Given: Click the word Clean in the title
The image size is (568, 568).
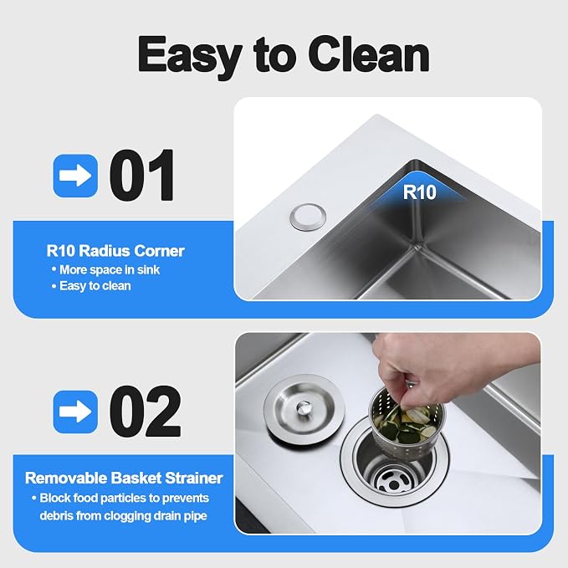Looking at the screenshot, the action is [x=370, y=54].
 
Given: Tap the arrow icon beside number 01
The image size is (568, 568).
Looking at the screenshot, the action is [x=75, y=176].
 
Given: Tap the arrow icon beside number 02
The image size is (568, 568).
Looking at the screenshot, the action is [x=75, y=412].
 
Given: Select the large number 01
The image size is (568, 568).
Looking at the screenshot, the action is [x=142, y=175].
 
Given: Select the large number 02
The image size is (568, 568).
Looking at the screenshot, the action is [x=145, y=411].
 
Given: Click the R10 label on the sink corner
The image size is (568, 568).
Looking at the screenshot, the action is [x=419, y=192].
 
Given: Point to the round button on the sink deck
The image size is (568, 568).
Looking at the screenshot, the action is [x=308, y=217].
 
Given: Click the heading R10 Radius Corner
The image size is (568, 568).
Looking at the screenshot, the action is [x=115, y=251].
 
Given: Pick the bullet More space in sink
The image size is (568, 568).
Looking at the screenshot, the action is [x=105, y=269].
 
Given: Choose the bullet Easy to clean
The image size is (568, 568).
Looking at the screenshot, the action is [x=91, y=286].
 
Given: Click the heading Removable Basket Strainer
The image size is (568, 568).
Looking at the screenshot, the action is [x=124, y=478].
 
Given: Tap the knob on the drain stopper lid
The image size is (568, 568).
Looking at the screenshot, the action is [x=304, y=407].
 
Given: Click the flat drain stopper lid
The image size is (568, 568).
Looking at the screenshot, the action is [x=304, y=409].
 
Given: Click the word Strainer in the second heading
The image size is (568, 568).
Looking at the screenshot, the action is [x=194, y=478].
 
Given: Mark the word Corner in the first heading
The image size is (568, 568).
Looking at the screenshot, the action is [x=160, y=251].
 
